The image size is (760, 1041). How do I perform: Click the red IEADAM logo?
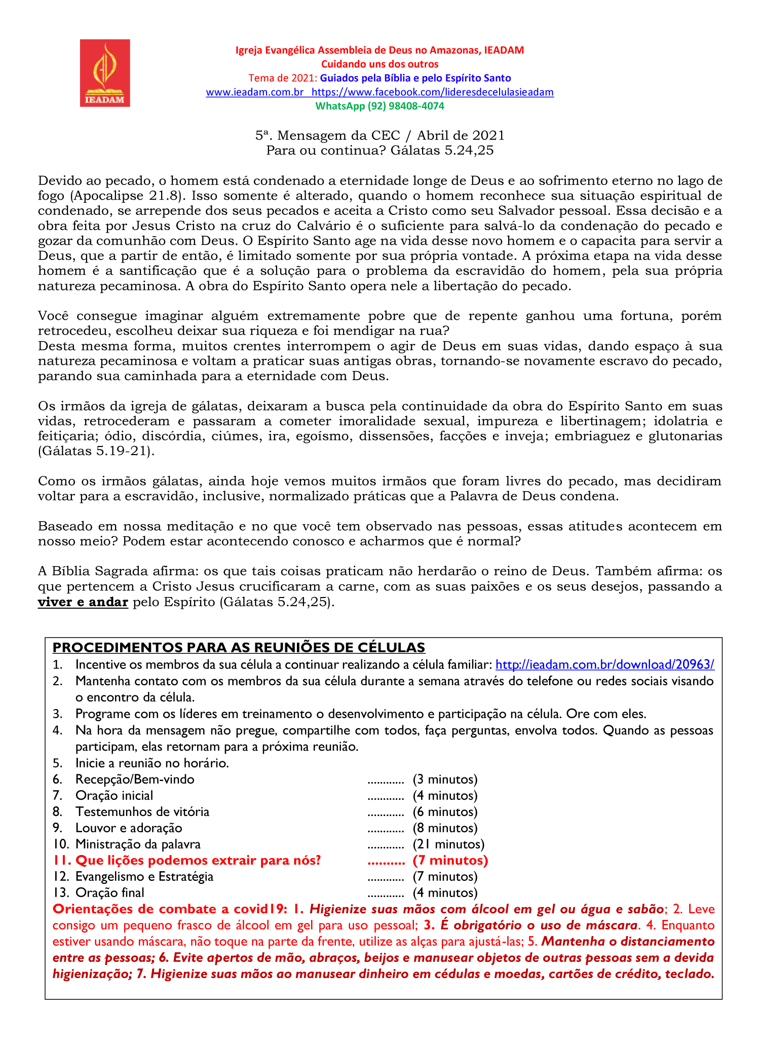point(105,73)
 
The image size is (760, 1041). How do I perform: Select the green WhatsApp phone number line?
point(379,106)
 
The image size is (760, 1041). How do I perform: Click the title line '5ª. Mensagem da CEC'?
point(379,135)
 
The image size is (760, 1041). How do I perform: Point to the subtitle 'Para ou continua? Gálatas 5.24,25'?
point(379,150)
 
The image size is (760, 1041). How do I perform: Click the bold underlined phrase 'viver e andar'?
point(83,602)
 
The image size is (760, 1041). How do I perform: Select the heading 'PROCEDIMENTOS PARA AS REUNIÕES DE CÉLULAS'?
point(239,648)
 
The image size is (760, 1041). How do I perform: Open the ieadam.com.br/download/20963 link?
point(604,664)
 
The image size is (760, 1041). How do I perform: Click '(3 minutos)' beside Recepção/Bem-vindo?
point(445,779)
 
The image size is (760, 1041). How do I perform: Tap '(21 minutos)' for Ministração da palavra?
point(448,844)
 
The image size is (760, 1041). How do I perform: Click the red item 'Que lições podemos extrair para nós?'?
point(198,861)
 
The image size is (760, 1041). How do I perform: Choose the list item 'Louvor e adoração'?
point(129,828)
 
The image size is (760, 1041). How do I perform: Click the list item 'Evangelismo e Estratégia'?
point(144,877)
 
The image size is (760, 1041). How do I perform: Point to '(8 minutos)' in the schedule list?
point(445,828)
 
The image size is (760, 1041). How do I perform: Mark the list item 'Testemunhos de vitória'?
point(142,812)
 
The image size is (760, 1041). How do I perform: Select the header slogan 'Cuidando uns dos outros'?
point(379,64)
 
